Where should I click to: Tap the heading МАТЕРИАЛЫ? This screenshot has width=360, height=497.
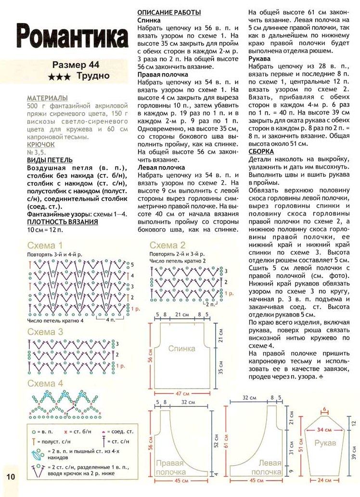[x=47, y=98]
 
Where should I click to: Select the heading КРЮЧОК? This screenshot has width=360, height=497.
[x=41, y=144]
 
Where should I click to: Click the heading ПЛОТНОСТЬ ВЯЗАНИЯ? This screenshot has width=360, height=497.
[x=63, y=222]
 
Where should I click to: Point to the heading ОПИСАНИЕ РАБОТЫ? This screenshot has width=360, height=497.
[x=169, y=13]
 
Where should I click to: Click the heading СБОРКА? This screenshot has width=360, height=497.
[x=261, y=151]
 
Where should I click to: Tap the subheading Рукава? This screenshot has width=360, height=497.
[x=259, y=58]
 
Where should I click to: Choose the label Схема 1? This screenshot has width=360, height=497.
[x=45, y=245]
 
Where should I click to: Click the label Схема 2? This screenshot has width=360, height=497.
[x=167, y=245]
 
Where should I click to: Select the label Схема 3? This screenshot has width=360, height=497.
[x=45, y=332]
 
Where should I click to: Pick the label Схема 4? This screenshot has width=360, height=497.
[x=45, y=383]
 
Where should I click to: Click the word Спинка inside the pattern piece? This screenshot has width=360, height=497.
[x=181, y=348]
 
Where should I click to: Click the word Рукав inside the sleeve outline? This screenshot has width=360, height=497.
[x=325, y=443]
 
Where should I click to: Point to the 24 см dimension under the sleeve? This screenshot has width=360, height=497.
[x=325, y=480]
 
